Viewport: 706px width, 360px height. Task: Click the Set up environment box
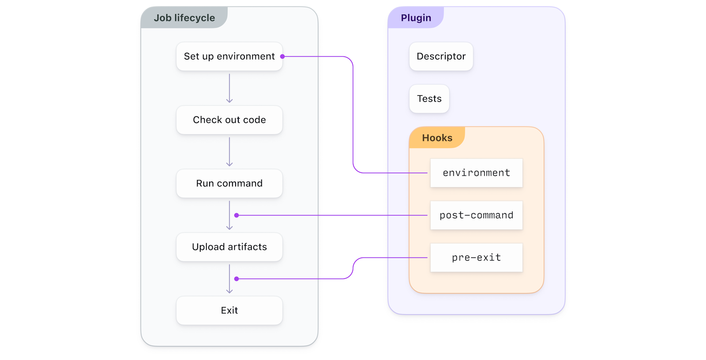point(229,56)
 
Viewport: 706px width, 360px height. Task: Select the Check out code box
point(229,120)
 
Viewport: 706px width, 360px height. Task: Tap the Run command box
point(229,184)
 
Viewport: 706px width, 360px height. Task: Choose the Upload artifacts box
point(229,247)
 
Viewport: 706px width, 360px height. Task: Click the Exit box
point(229,311)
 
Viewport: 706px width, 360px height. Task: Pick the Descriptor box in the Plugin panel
point(441,56)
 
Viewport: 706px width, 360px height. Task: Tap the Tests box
point(429,99)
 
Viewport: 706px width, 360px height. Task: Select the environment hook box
point(476,173)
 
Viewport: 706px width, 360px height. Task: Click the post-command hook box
point(476,215)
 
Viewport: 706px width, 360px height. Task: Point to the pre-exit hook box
point(476,258)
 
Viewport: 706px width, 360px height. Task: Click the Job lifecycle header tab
point(184,18)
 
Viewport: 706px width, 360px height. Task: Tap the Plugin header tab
point(416,18)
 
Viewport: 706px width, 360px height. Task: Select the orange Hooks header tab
point(437,138)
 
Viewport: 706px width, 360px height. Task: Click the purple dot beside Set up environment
point(282,56)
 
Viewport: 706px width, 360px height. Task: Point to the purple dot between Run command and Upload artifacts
point(237,215)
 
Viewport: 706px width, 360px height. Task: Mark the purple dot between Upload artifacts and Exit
point(237,279)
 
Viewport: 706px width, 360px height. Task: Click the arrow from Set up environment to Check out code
point(229,88)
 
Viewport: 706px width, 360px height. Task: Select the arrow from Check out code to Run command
point(229,152)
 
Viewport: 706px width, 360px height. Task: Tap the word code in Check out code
point(254,120)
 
